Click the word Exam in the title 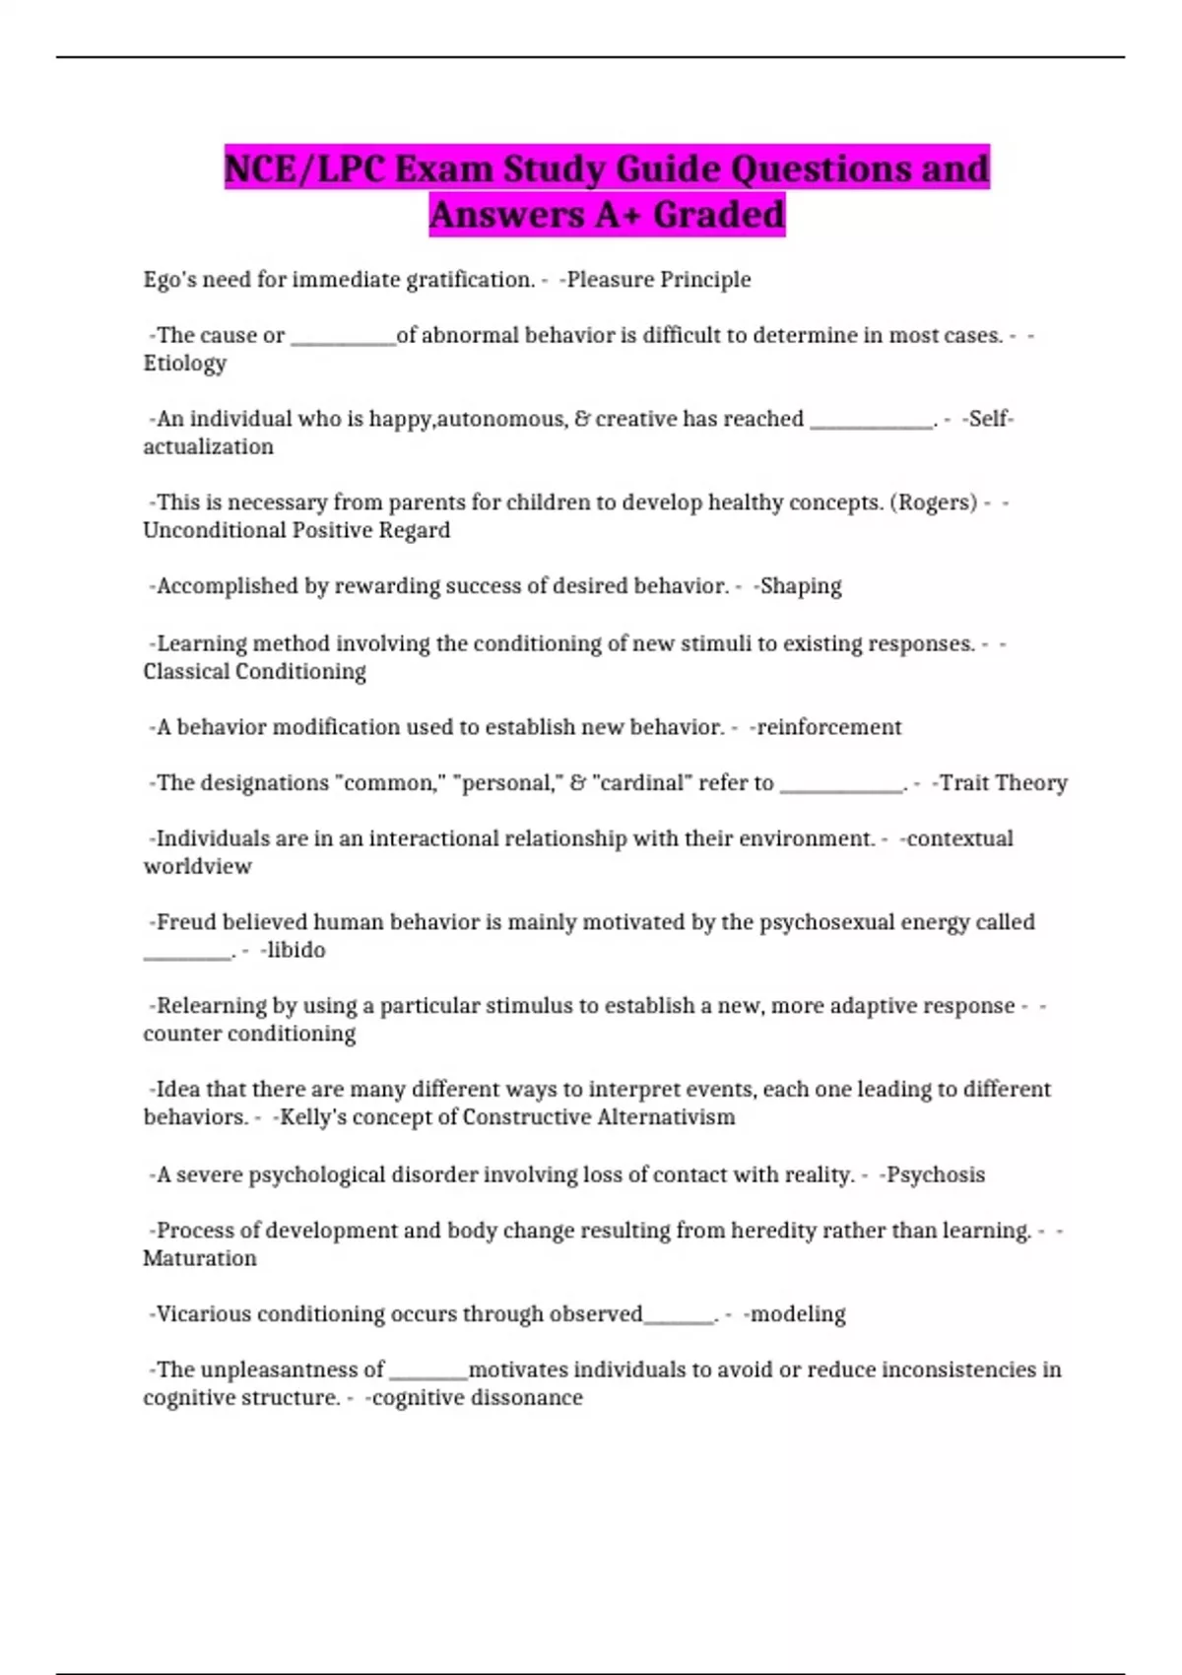coord(442,168)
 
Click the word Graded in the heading coord(719,214)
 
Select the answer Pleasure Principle coord(658,280)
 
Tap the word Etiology coord(185,364)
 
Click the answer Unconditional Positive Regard coord(296,530)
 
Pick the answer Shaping coord(801,586)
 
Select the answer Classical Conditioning coord(254,671)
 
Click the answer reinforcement coord(828,727)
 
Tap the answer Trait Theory coord(1003,783)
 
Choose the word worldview coord(198,866)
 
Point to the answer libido coord(295,950)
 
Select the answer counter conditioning coord(249,1034)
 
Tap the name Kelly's coord(312,1117)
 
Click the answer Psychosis coord(936,1174)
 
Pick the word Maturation coord(200,1258)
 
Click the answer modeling coord(798,1314)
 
